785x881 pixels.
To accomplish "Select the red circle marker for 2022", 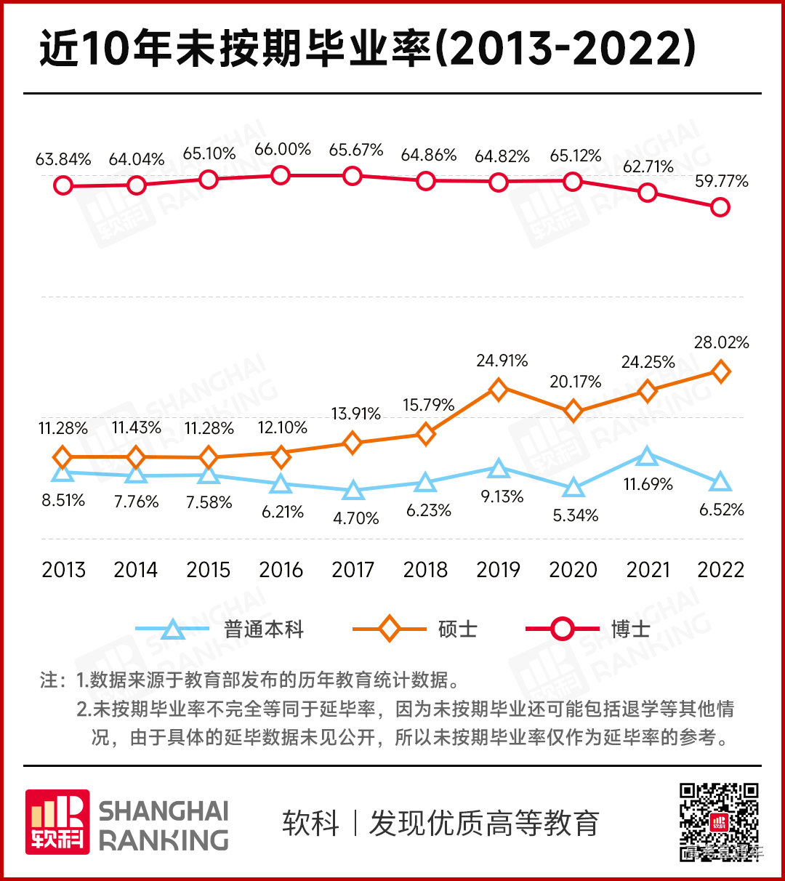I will click(720, 207).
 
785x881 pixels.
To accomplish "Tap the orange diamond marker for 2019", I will click(498, 390).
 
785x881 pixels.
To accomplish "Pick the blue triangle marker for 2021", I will click(647, 456).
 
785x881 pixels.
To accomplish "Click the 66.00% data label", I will click(283, 150).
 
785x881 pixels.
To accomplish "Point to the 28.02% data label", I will click(721, 342).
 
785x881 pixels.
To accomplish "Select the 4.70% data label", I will click(355, 518).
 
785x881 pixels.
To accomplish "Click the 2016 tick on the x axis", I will click(281, 570).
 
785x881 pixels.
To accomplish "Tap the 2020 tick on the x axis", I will click(573, 570).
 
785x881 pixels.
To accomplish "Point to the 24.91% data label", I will click(502, 361).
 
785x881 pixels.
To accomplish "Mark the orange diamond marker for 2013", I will click(63, 457).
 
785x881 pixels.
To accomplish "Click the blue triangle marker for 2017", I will click(353, 491).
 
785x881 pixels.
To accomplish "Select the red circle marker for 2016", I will click(281, 175).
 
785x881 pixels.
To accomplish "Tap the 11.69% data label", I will click(648, 484).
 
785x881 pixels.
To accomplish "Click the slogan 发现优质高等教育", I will click(484, 824).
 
